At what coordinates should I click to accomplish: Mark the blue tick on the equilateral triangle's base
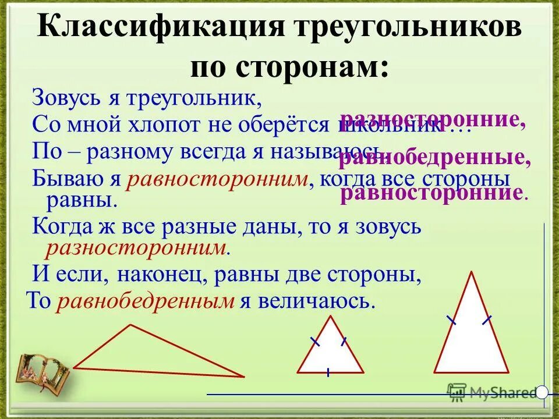(x=329, y=372)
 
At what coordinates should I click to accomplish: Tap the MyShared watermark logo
(x=493, y=392)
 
